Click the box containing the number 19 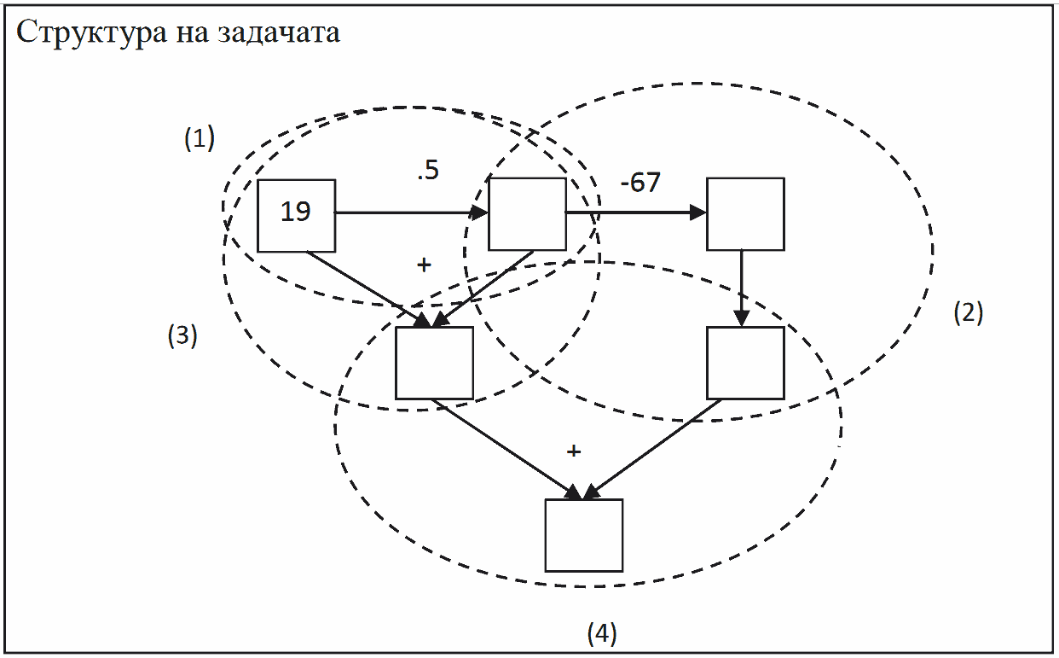coord(296,215)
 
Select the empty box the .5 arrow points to coord(527,214)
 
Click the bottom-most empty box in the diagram coord(584,535)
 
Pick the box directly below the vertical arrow coord(745,363)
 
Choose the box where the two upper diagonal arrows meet coord(434,363)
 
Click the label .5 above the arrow coord(427,172)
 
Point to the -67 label coord(640,183)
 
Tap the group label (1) coord(200,138)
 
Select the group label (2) coord(969,313)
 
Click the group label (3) coord(182,336)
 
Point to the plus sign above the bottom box coord(574,451)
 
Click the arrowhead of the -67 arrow coord(699,213)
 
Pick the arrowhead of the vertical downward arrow coord(741,318)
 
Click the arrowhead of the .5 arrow coord(481,213)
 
